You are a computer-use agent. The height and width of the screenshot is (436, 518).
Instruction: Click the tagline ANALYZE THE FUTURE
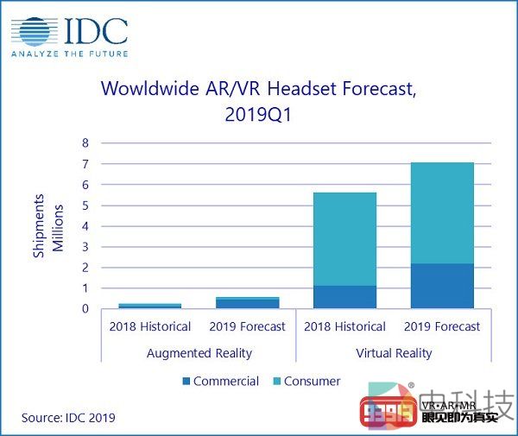pos(69,54)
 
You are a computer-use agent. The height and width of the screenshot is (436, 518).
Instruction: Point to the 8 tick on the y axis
pos(85,143)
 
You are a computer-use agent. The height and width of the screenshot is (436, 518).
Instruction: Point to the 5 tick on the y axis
pos(85,205)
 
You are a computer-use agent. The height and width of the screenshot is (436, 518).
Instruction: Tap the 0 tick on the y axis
pos(85,308)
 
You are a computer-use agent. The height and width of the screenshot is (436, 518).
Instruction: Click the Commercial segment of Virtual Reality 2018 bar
pos(344,297)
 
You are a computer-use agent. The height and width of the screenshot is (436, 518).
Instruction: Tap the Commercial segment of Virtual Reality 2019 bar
pos(442,286)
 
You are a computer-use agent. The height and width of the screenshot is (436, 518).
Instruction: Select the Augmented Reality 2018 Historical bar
pos(149,306)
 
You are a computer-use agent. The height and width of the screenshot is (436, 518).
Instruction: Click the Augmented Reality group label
pos(199,353)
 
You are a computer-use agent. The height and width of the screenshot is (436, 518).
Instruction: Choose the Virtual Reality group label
pos(394,353)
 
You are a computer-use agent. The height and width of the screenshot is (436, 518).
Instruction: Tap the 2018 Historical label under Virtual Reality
pos(344,326)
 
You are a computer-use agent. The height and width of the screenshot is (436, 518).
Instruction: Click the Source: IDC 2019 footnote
pos(68,418)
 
